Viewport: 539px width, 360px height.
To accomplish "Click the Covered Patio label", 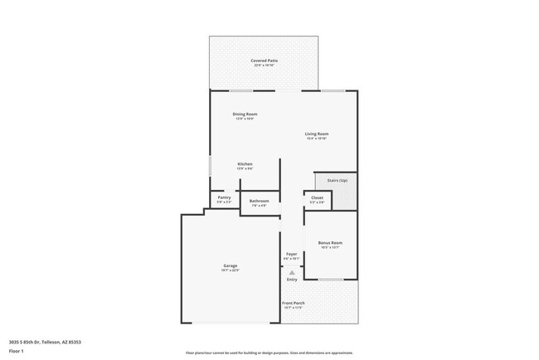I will [x=264, y=61].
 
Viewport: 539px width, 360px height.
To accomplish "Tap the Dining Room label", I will [x=245, y=114].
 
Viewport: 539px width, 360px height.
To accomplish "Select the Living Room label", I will [x=317, y=134].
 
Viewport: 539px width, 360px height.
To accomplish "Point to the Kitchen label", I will [x=245, y=163].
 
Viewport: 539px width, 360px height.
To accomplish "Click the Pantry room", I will [x=223, y=199].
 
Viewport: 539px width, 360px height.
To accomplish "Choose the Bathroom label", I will [x=259, y=201].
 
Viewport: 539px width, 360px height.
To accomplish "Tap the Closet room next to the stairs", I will [x=317, y=199].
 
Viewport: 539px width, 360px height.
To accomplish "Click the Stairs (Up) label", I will [x=337, y=180].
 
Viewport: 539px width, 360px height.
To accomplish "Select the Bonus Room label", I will [x=330, y=242].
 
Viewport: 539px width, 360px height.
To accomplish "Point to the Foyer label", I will [x=291, y=254].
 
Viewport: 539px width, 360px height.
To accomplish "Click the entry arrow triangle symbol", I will [x=291, y=271].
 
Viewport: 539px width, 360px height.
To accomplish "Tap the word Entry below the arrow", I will [x=291, y=280].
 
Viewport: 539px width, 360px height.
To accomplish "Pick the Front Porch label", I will [x=294, y=303].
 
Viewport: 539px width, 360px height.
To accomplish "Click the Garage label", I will [x=230, y=265].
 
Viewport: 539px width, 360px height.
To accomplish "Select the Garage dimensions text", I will [x=230, y=270].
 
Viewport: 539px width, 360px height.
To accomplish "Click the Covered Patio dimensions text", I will [x=264, y=66].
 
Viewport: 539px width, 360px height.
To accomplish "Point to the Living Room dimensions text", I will [x=317, y=139].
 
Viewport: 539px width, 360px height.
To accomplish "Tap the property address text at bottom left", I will [x=45, y=341].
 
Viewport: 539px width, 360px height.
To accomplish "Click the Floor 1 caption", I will [x=17, y=351].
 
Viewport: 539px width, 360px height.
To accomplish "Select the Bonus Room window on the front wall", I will [x=331, y=280].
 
